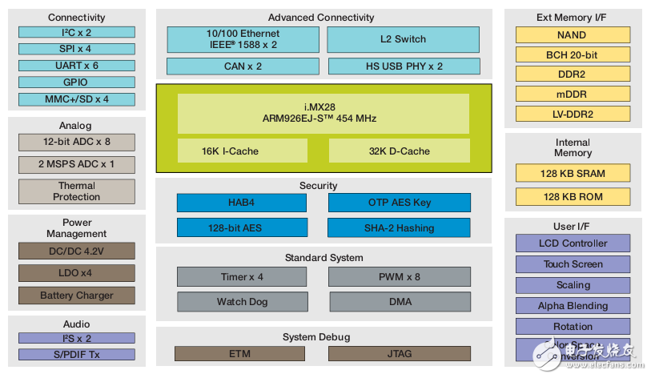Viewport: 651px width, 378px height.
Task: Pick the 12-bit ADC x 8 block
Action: [76, 143]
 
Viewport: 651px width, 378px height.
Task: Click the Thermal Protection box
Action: [76, 191]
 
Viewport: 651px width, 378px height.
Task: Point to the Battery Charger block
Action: [76, 296]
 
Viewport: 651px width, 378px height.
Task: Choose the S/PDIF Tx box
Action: [76, 354]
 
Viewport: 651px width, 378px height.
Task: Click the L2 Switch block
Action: [403, 39]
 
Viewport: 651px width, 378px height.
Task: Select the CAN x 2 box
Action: [243, 66]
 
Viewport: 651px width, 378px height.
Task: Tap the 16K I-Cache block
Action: [243, 151]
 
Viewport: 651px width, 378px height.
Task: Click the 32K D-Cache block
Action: [399, 151]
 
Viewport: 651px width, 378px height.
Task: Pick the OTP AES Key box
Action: [399, 203]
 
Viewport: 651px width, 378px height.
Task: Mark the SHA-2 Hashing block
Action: [399, 228]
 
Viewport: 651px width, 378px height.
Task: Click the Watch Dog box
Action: [242, 302]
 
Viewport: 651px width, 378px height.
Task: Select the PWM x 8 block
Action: [399, 277]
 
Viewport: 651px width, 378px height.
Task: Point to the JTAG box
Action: [399, 353]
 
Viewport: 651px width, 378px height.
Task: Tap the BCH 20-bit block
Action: [572, 54]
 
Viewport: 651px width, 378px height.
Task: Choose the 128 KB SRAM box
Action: [573, 174]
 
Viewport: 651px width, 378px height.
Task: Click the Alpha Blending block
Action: [573, 306]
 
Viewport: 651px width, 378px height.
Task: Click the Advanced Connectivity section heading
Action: [320, 18]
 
